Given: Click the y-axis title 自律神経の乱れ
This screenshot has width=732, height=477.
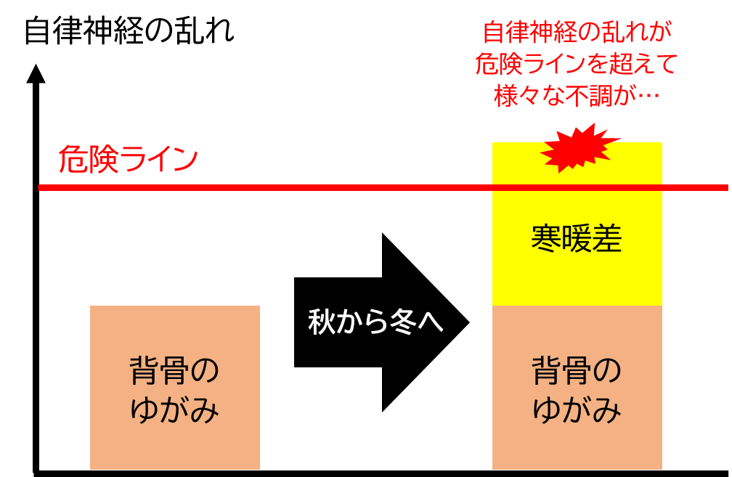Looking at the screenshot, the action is point(129,30).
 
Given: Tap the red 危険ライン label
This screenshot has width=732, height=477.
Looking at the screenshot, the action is point(129,159).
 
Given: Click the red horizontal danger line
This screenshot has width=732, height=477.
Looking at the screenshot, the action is point(383,187).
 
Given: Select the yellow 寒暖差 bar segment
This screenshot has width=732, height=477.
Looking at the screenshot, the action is point(577,224).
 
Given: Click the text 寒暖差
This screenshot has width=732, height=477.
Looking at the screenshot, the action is point(577,238).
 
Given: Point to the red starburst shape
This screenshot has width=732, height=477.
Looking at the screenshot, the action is point(579,148).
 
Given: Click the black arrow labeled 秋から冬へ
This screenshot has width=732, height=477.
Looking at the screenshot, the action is point(381,322).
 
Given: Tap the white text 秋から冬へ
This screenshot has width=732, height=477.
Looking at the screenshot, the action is point(375,322).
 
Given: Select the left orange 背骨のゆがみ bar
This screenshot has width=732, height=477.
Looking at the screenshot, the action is point(174,388).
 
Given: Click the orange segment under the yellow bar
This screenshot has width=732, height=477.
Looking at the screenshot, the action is point(577,388).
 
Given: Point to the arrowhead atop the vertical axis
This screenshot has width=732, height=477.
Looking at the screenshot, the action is point(36,74).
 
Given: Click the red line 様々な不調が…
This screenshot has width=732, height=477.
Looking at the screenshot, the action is point(577,96).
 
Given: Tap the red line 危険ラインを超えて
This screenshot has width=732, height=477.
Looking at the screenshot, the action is point(577,63).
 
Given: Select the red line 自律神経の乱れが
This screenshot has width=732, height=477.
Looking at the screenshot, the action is point(577,32).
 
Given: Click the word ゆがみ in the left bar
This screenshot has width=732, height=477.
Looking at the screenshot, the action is point(174,409).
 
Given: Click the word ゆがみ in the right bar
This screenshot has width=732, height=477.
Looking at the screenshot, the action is point(577,409).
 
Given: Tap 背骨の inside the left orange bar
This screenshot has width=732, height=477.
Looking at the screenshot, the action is point(174,370).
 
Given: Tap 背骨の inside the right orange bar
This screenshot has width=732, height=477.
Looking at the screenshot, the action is point(577,370).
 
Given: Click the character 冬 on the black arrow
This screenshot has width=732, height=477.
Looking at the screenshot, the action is point(402,322).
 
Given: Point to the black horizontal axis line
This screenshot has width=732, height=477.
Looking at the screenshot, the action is point(381,473).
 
